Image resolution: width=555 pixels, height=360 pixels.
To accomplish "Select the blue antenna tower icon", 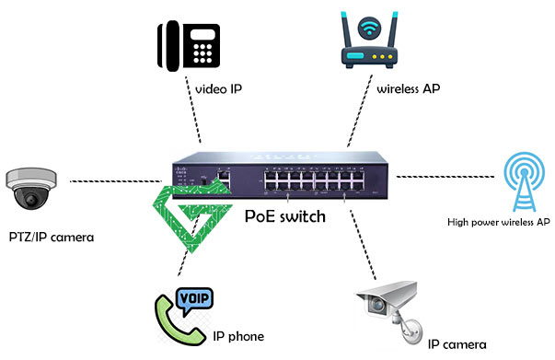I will (525, 181).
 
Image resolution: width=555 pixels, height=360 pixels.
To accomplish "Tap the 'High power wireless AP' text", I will (498, 222).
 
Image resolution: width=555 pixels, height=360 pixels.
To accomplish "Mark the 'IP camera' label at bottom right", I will (456, 344).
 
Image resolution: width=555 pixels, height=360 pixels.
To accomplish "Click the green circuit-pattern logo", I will (194, 217).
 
